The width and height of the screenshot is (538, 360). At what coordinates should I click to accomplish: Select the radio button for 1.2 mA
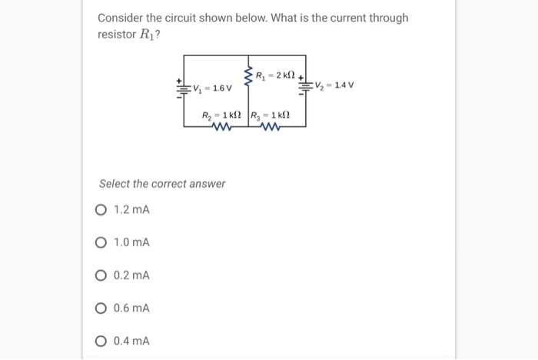(x=102, y=210)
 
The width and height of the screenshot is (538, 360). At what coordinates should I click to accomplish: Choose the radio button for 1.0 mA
(x=102, y=243)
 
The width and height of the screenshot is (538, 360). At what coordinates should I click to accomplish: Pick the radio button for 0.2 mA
(x=102, y=275)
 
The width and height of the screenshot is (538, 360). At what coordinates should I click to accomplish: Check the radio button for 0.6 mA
(x=102, y=308)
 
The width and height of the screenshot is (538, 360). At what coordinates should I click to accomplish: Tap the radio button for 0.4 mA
(x=102, y=341)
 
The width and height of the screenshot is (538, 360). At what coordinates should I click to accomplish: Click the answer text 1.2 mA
(x=131, y=210)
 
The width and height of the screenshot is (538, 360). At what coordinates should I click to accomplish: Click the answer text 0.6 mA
(x=131, y=308)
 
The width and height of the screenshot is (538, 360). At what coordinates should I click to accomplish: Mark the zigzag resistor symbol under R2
(x=221, y=128)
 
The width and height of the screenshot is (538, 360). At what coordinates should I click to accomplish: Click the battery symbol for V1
(x=183, y=88)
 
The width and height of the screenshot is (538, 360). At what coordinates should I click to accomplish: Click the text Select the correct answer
(x=162, y=184)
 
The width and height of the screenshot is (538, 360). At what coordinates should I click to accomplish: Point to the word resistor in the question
(x=116, y=35)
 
